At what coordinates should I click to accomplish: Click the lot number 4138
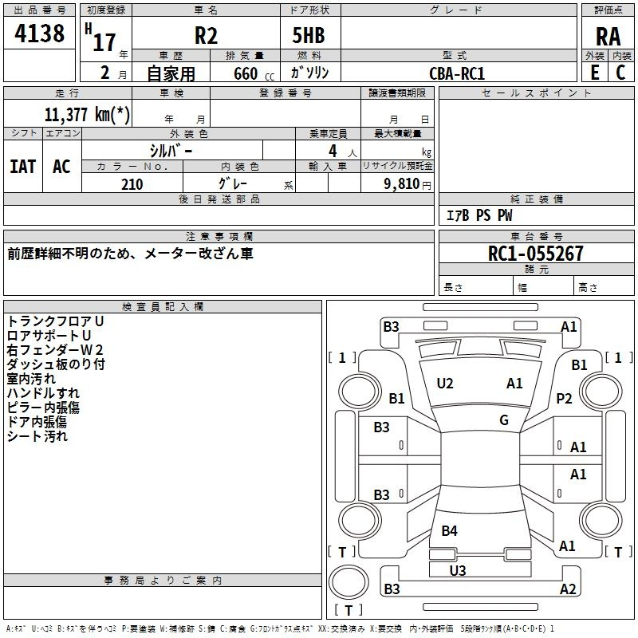41,34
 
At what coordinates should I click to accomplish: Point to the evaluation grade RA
608,36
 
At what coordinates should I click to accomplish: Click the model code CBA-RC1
457,73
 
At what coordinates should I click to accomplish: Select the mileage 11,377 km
89,114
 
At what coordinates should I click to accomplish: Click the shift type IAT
22,166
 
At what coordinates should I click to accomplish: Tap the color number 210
132,184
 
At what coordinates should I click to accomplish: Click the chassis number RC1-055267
535,254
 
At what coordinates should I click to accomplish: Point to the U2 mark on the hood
445,384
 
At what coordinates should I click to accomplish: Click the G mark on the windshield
504,420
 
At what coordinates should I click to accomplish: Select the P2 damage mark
565,399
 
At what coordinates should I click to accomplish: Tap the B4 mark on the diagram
450,530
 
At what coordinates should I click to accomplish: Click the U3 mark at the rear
458,570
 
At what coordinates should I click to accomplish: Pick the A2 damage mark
568,589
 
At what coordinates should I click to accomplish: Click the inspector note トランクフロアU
55,321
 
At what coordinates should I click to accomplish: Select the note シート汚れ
37,436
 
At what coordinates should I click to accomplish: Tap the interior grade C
620,73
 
